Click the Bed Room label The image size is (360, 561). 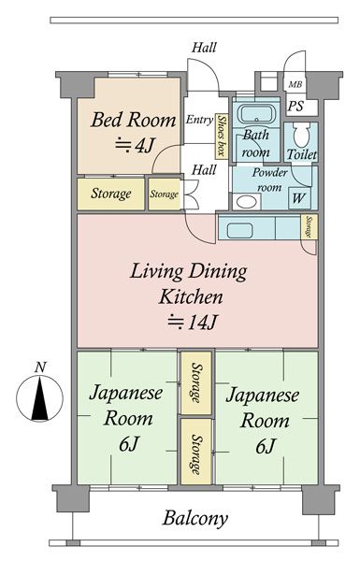tap(133, 120)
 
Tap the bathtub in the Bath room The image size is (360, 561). tap(256, 114)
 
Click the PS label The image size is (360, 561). tap(295, 106)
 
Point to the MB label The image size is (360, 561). tap(295, 85)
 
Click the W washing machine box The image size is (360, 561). tap(299, 198)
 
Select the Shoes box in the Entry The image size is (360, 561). tap(222, 136)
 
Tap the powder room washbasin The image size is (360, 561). tap(247, 202)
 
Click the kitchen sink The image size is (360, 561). tap(239, 230)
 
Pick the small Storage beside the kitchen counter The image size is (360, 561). tap(309, 227)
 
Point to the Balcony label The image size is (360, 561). tap(195, 518)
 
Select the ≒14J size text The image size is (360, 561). tap(193, 322)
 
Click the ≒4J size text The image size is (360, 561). tap(135, 145)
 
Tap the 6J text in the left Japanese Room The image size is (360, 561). tap(128, 444)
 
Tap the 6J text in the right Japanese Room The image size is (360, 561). tap(265, 446)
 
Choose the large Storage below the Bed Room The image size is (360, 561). tap(111, 194)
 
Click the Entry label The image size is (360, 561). tap(199, 120)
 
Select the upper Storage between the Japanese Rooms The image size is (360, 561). tap(196, 383)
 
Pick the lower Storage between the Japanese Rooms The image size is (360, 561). tap(196, 452)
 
